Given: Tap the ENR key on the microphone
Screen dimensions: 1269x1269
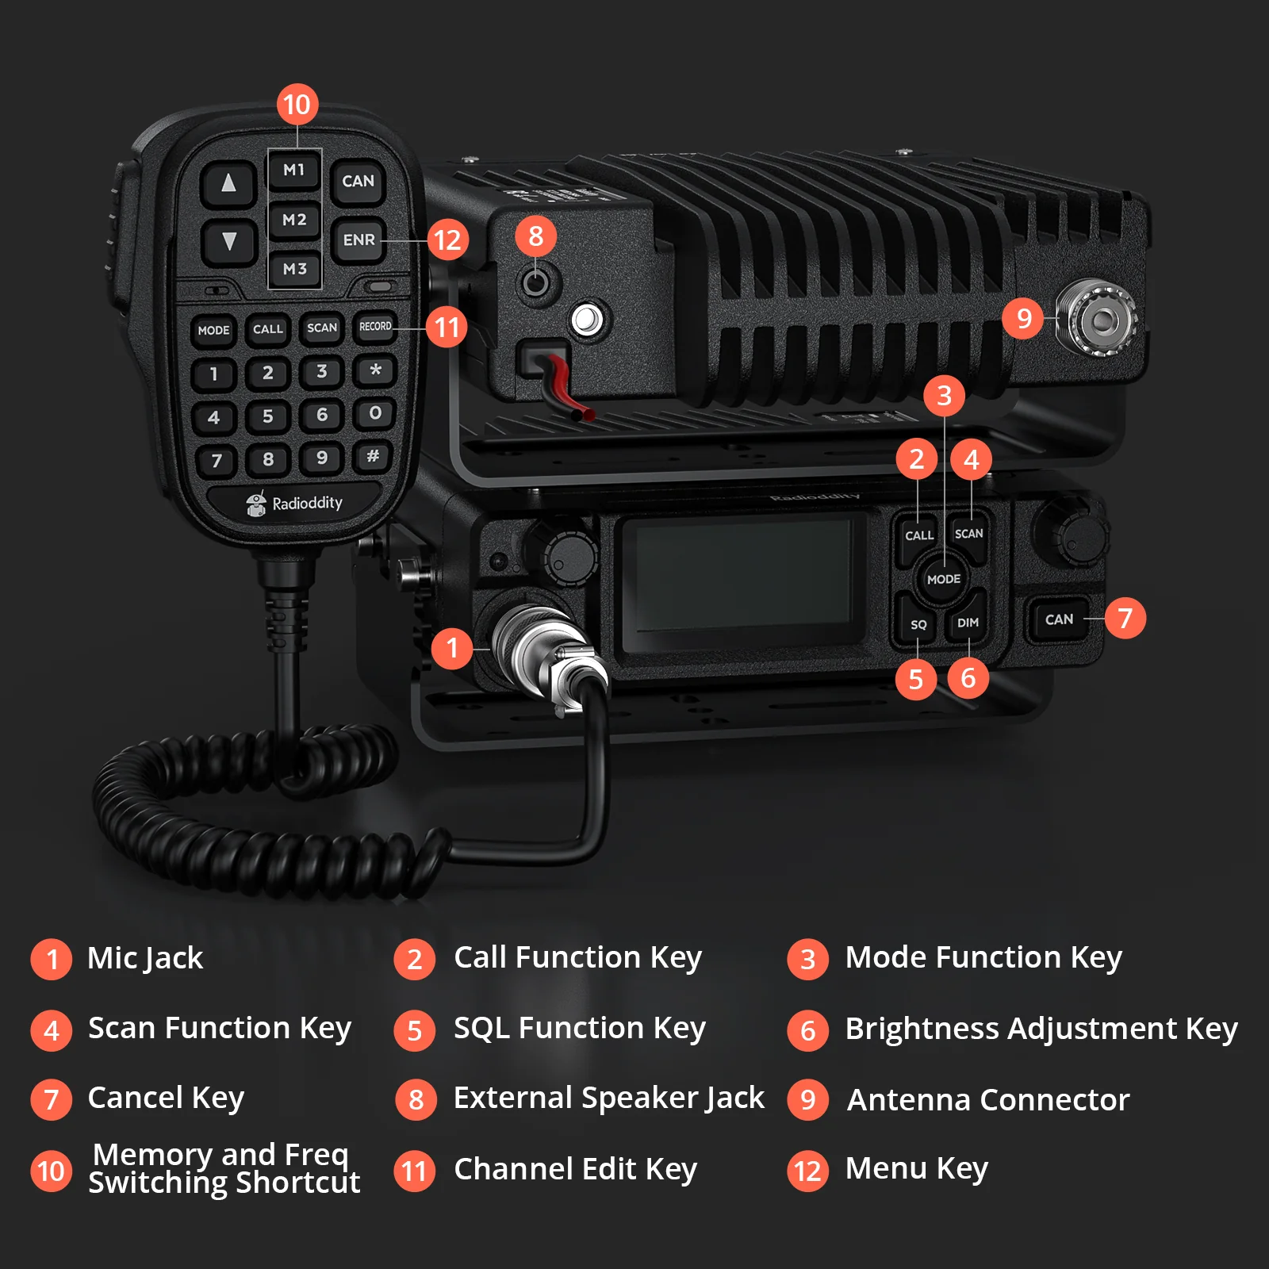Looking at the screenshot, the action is coord(358,240).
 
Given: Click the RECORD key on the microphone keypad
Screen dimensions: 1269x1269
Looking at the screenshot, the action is coord(375,326).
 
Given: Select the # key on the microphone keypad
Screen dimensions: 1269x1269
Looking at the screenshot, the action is coord(373,456).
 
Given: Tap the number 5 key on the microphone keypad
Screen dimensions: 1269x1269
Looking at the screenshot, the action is coord(267,416).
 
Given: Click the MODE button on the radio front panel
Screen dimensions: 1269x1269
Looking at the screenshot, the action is coord(944,579).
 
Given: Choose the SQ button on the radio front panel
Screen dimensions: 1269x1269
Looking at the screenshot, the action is coord(918,623).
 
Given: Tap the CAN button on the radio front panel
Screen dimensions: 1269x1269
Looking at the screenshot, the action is coord(1059,619).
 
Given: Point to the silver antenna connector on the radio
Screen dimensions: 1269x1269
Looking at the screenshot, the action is coord(1098,320).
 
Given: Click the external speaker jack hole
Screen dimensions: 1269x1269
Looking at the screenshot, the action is coord(536,282).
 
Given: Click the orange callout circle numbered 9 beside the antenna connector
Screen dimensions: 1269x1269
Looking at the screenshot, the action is coord(1023,318).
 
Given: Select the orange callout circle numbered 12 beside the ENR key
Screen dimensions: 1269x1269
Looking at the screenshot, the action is coord(447,240).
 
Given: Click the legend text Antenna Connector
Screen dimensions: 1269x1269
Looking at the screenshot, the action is coord(988,1100).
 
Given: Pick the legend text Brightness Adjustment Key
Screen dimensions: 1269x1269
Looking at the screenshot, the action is coord(1041,1029).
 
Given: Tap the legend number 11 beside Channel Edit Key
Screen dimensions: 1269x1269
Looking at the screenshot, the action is coord(415,1171).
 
